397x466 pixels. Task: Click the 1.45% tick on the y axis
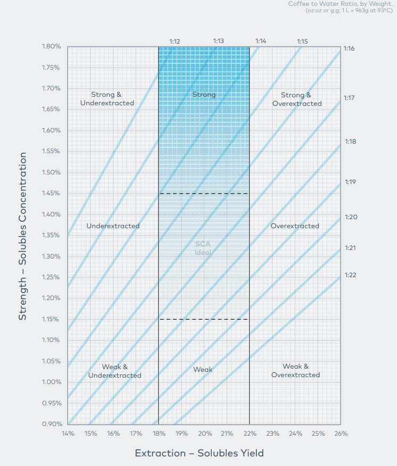point(52,193)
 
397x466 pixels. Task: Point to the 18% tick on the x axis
point(159,434)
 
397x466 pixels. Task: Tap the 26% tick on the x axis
point(341,434)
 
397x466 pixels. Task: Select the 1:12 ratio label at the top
point(175,41)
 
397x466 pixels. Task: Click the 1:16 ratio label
point(350,48)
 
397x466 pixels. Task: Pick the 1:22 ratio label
point(350,275)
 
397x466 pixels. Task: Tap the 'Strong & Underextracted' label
point(107,99)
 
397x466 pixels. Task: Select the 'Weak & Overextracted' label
point(295,371)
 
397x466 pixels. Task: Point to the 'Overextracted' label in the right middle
point(295,226)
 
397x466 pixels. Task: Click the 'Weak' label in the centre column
point(203,369)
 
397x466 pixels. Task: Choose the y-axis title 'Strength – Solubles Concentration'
point(22,236)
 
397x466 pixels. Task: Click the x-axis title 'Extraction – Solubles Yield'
point(199,453)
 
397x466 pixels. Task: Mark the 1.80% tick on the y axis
point(52,46)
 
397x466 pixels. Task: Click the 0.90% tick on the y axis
point(52,424)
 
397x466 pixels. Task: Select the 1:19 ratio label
point(350,182)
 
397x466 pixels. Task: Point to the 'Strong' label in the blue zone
point(204,95)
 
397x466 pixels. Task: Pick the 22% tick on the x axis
point(250,434)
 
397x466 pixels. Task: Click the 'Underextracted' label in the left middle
point(113,226)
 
